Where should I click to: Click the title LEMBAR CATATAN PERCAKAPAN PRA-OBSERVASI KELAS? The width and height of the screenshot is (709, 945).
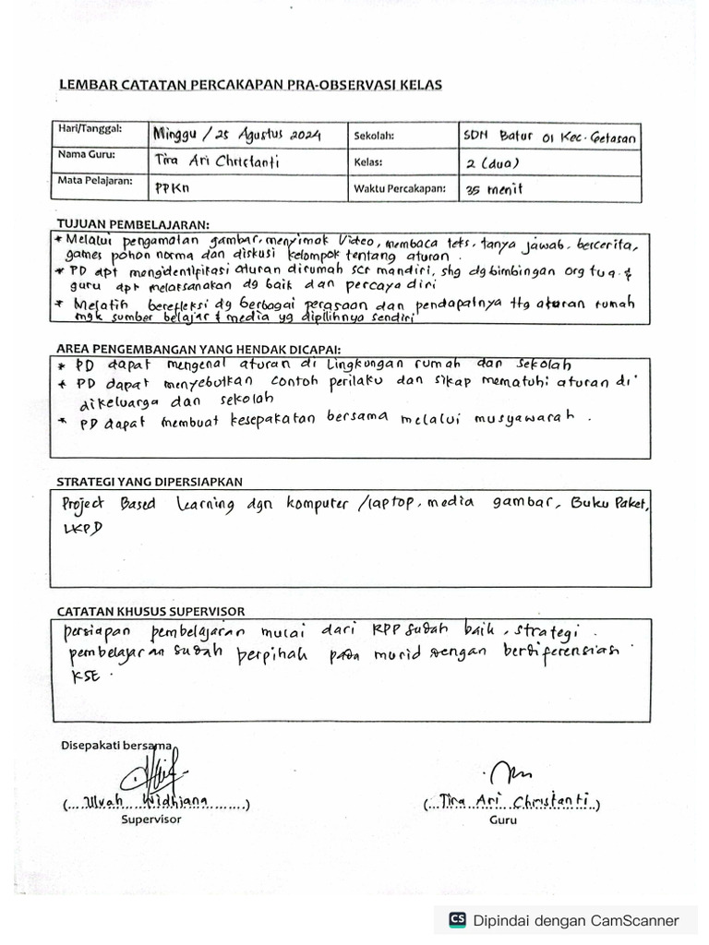point(250,85)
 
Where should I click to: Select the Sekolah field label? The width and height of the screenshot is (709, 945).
point(374,136)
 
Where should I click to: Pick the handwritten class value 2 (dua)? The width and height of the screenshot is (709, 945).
point(499,164)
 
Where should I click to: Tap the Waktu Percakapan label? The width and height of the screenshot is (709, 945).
point(398,188)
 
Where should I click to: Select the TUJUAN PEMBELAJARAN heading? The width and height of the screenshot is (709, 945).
point(134,224)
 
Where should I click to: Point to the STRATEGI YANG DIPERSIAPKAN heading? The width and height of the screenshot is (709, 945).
point(150,482)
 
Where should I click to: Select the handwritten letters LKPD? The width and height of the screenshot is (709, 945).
point(80,527)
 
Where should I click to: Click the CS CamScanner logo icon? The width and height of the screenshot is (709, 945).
point(457,919)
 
